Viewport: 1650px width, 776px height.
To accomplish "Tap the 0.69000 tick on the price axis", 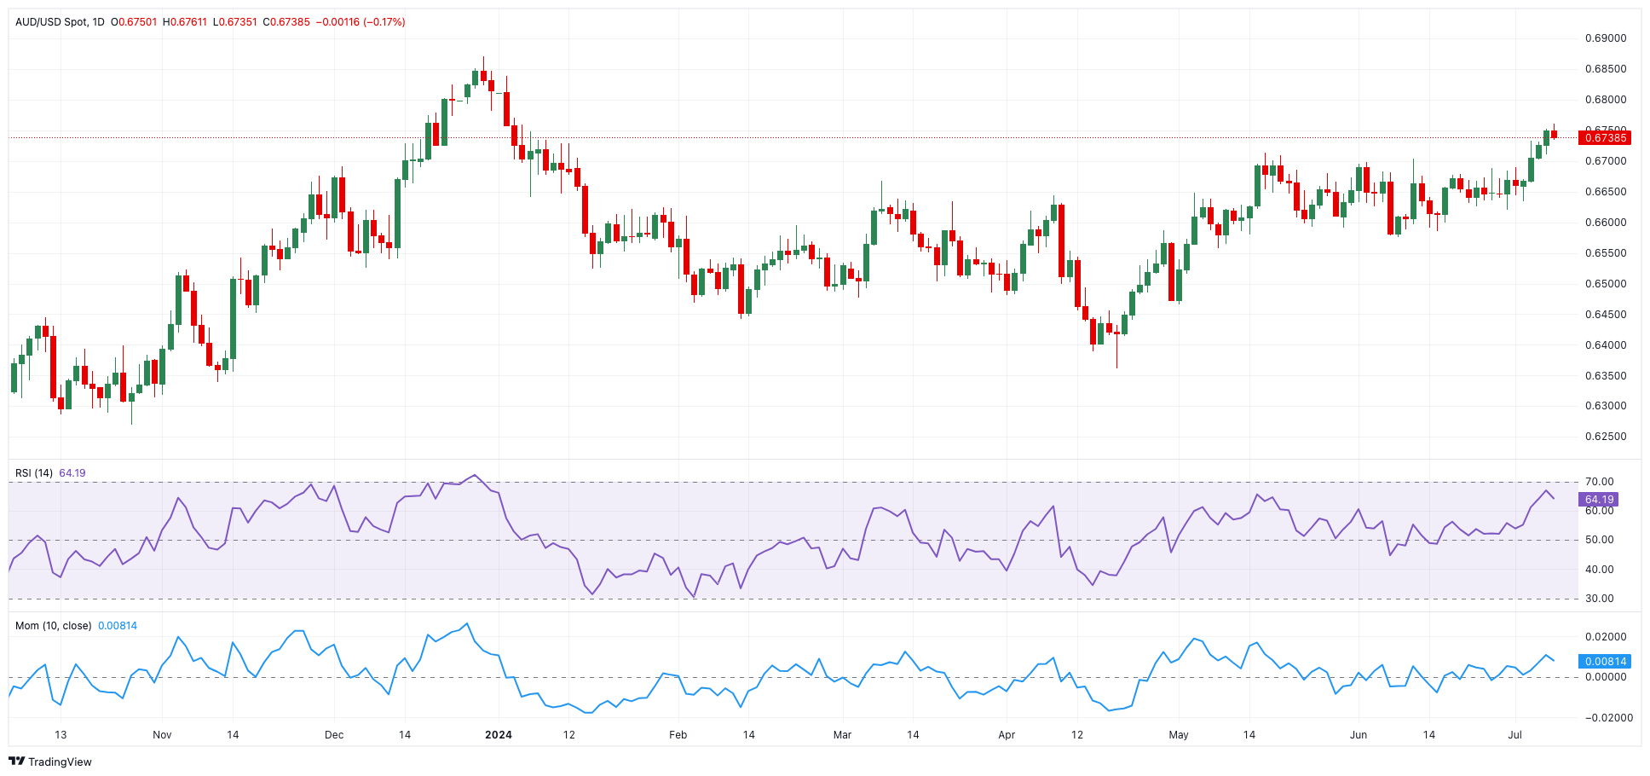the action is [x=1606, y=38].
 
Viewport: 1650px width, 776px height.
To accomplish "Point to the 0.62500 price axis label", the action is [x=1606, y=437].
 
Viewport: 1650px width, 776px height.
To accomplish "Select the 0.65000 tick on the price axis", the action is [x=1606, y=284].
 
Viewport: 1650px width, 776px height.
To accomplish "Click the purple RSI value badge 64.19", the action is [x=1599, y=500].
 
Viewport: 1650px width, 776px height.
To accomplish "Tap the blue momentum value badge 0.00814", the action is [x=1605, y=661].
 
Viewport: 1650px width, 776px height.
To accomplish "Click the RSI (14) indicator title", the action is [x=34, y=473].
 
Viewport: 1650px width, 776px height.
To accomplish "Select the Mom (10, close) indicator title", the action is [x=53, y=626].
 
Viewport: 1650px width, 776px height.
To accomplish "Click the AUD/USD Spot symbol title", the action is [x=51, y=22].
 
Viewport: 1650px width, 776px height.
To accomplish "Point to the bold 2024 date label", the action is [x=499, y=735].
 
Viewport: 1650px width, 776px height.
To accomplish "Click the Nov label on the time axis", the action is [x=162, y=735].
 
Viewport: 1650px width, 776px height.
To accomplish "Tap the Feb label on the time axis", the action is [x=678, y=735].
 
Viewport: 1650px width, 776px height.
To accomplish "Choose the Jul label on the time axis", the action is [x=1514, y=735].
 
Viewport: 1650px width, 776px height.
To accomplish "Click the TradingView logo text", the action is [x=60, y=762].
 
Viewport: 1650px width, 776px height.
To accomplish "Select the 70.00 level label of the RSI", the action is [x=1600, y=482].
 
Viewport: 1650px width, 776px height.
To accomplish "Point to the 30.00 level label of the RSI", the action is [x=1600, y=599].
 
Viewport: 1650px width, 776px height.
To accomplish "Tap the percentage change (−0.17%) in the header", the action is [x=384, y=22].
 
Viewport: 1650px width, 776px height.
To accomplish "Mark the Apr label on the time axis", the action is [x=1007, y=735].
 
